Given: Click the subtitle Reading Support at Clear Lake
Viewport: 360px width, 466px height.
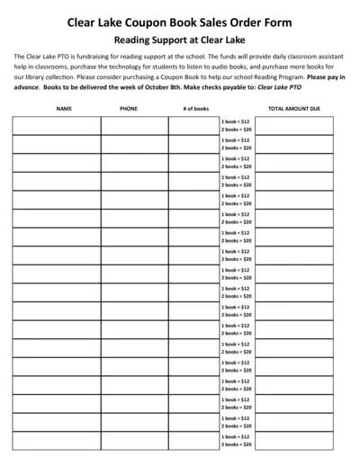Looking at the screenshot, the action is tap(180, 40).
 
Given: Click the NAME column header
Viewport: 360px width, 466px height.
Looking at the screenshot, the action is tap(63, 108).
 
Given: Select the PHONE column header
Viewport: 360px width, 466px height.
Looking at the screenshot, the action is tap(128, 108).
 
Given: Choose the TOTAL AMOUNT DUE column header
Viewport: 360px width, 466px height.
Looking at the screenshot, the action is tap(294, 108).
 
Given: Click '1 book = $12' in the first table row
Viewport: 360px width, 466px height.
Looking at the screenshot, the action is tap(236, 121).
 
